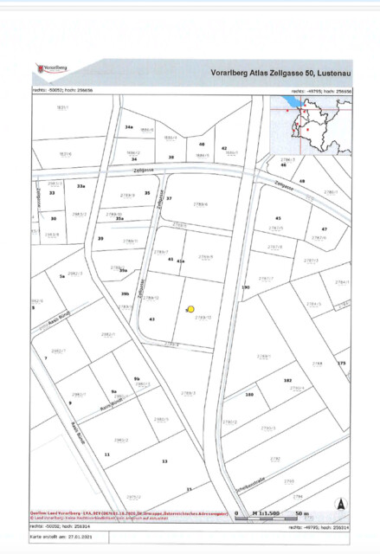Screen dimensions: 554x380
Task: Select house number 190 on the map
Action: (246, 287)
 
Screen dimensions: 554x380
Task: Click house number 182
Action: (287, 380)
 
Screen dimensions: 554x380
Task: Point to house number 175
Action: (342, 364)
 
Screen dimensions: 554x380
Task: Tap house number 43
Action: (151, 319)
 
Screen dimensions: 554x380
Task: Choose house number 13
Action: (164, 461)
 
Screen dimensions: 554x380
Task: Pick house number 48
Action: (202, 145)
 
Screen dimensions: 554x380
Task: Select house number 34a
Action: (128, 127)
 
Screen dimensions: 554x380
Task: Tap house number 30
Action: (53, 219)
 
